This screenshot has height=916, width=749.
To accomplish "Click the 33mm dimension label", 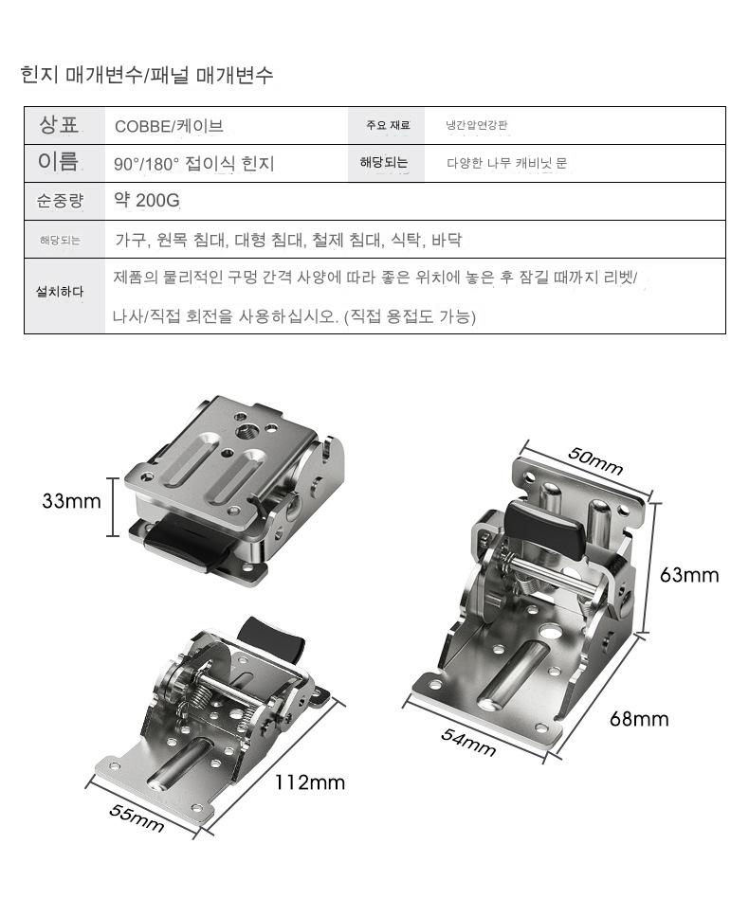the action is [71, 501].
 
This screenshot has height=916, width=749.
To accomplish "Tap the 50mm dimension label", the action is [595, 461].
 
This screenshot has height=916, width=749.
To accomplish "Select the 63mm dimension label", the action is [689, 575].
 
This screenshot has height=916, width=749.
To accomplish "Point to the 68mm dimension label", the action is [639, 719].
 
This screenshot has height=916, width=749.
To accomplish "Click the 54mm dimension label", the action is [468, 742].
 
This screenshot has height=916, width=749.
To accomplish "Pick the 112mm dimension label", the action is [310, 782].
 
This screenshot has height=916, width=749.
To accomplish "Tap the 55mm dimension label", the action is [137, 817].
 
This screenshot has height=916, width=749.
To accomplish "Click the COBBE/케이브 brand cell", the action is [169, 126].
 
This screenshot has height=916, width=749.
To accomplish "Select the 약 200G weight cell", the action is [147, 201].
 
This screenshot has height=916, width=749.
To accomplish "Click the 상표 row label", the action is [59, 125].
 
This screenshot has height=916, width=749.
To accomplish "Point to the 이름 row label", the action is [58, 162].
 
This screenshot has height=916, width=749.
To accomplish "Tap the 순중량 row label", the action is [60, 201].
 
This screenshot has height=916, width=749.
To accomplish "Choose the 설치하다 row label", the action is [60, 291].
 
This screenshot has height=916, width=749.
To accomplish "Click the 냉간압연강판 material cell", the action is [477, 125].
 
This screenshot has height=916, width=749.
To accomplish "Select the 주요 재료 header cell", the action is [388, 125].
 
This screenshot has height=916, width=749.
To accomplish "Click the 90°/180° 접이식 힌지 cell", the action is [194, 164].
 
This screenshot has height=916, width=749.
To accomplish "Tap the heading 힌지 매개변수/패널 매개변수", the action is [147, 75].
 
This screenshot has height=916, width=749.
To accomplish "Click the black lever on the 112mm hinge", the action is [273, 638].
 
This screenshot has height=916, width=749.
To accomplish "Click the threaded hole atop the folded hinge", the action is [245, 432].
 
